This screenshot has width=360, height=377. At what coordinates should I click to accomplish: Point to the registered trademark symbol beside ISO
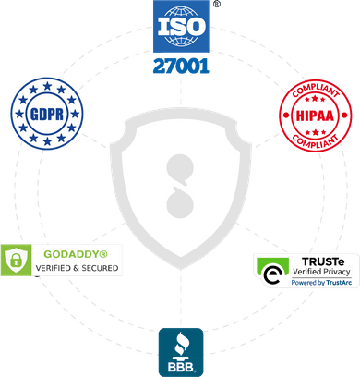coord(216,5)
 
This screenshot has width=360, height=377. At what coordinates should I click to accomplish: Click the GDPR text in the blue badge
coord(44,117)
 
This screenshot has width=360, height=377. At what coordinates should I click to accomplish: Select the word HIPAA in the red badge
coord(314,117)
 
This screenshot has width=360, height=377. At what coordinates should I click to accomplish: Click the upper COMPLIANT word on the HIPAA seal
coord(314,95)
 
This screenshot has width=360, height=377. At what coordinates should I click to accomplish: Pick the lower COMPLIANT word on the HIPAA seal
coord(314,140)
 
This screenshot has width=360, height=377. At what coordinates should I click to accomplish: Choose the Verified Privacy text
coord(318,273)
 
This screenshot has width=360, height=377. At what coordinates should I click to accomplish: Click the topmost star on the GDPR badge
coord(44,90)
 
